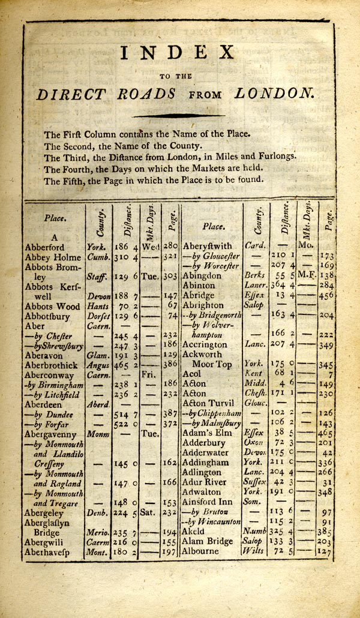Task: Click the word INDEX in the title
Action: tap(178, 53)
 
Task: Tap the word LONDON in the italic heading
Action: tap(275, 94)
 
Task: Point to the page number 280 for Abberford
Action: tap(170, 246)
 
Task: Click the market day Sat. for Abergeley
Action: tap(149, 513)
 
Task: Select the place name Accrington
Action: tap(208, 345)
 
